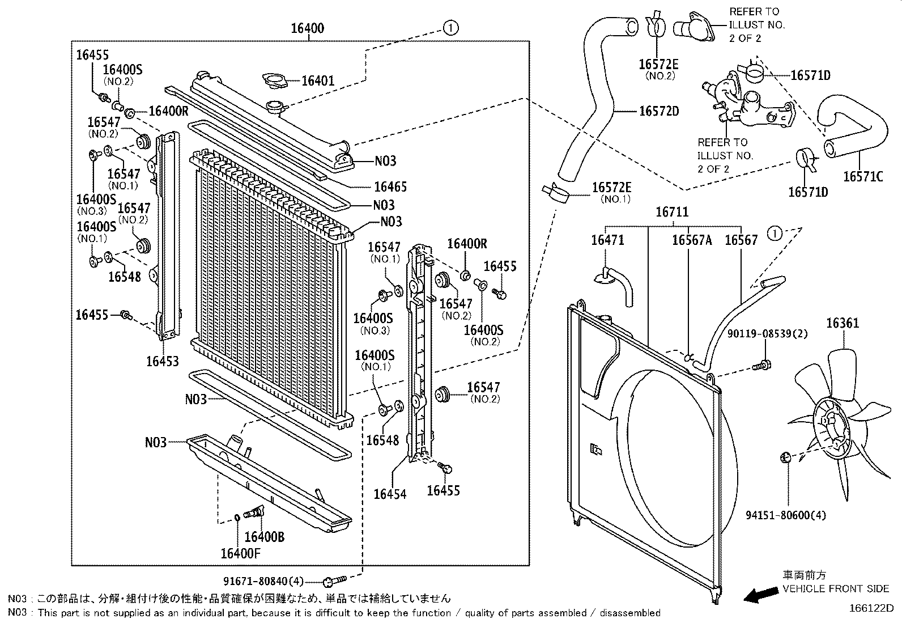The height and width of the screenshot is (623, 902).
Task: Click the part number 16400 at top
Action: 308,28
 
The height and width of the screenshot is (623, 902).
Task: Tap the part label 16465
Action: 390,187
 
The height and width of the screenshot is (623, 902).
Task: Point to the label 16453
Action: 162,361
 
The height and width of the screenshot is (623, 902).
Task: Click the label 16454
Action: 390,494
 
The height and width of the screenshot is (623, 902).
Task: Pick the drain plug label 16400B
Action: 265,536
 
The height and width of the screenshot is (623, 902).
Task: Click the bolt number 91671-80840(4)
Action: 265,580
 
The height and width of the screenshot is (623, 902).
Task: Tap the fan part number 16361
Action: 843,323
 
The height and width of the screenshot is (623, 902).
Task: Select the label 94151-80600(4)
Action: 785,515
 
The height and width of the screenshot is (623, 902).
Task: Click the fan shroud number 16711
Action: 672,212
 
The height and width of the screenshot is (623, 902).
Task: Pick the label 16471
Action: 607,240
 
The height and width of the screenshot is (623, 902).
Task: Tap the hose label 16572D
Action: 659,111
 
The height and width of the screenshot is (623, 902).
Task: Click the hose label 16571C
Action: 862,176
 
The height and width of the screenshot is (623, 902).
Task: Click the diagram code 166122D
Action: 871,608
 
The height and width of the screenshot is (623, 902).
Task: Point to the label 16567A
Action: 691,240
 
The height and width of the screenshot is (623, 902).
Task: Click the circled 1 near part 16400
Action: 450,28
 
